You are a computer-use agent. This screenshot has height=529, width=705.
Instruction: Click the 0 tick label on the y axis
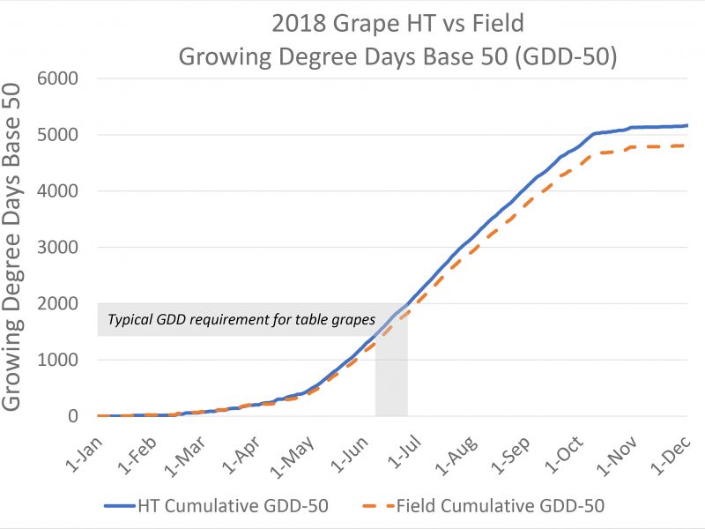point(74,416)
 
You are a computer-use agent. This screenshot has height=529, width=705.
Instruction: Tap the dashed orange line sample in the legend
point(375,506)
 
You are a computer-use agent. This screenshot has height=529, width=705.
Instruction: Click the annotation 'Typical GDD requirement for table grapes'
point(241,320)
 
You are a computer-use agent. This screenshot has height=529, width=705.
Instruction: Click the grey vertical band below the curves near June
point(391,388)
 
